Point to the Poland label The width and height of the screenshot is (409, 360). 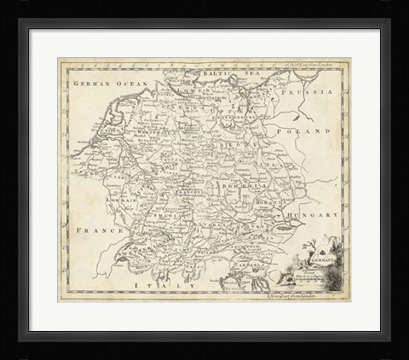[310, 132]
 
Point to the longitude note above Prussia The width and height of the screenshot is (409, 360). [297, 66]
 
